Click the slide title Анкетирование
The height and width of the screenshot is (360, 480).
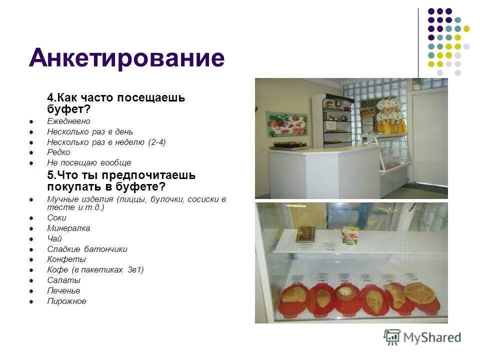point(126,58)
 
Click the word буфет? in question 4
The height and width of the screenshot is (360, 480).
point(68,109)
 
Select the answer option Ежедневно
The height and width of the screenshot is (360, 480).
point(68,121)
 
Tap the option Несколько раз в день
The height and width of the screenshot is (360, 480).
point(90,132)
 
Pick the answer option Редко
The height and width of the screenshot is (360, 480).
point(58,152)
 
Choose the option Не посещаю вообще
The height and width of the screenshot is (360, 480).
point(89,163)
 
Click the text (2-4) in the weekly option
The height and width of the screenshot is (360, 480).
point(156,142)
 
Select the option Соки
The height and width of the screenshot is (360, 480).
point(56,218)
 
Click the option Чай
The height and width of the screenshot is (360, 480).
point(54,239)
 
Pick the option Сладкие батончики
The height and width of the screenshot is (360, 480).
point(87,249)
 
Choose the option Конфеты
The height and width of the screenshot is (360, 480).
point(66,259)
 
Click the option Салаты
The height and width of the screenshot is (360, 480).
point(63,280)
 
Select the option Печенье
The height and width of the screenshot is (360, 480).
point(63,291)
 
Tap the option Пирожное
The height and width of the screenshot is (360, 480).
point(66,301)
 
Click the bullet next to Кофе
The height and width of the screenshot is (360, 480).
point(31,270)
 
